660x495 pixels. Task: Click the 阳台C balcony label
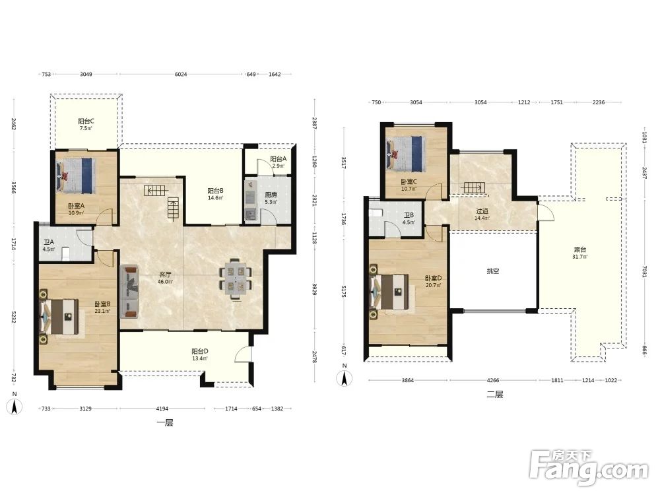coord(86,121)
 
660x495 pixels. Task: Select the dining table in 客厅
coord(235,279)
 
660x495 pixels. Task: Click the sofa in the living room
coord(129,291)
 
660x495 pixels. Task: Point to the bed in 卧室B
coord(59,317)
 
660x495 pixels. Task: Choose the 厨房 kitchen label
coord(271,195)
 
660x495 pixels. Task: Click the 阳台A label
coord(279,159)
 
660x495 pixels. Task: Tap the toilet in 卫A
coord(66,254)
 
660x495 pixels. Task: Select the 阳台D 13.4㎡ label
coord(200,354)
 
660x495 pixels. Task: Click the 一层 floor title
coord(165,422)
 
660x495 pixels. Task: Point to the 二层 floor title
coord(494,395)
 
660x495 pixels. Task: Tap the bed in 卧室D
coord(389,291)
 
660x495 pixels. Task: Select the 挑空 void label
coord(493,271)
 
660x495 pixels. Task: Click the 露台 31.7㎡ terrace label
coord(580,253)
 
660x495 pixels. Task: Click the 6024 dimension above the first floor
coord(181,74)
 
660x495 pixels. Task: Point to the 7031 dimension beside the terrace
coord(644,274)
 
